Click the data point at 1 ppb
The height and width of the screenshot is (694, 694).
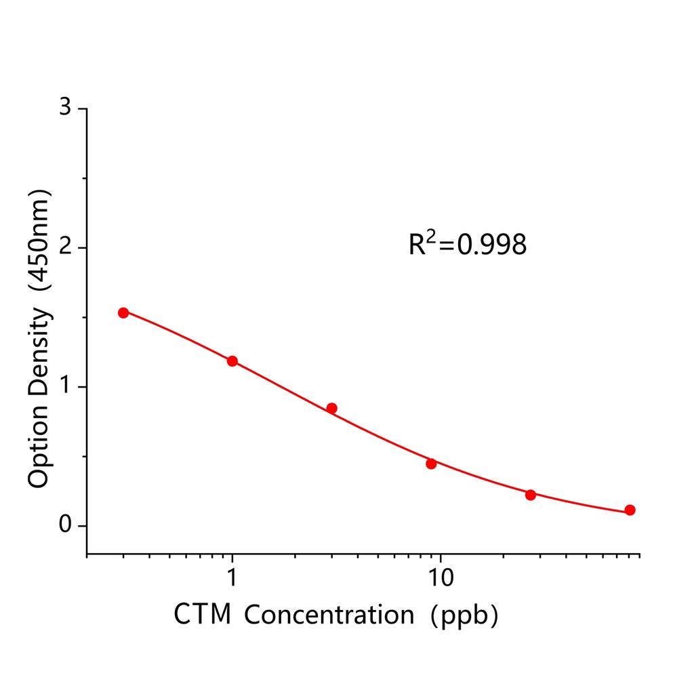(232, 361)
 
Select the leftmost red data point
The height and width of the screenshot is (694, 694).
(123, 312)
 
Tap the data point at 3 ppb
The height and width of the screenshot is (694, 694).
(331, 408)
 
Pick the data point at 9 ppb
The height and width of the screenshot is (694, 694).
(431, 464)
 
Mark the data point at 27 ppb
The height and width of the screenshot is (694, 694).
(531, 495)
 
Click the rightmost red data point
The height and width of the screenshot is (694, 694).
(630, 510)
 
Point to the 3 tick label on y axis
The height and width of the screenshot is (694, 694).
(65, 108)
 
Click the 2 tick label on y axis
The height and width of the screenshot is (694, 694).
(65, 247)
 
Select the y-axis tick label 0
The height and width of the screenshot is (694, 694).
(65, 525)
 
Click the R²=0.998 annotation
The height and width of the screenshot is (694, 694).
(467, 245)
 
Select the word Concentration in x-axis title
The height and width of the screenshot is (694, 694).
(329, 615)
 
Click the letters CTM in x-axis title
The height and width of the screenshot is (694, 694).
(202, 615)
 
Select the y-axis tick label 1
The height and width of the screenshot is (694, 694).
(65, 386)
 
